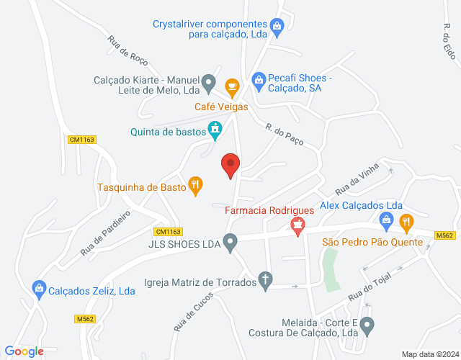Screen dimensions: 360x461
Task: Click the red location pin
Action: pyautogui.click(x=230, y=165)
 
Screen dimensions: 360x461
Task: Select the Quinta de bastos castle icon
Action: pyautogui.click(x=215, y=130)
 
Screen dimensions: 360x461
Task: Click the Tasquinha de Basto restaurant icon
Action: pyautogui.click(x=194, y=186)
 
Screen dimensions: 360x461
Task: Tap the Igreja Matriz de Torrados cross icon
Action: pyautogui.click(x=266, y=281)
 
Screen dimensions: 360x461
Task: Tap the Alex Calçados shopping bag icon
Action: pyautogui.click(x=385, y=222)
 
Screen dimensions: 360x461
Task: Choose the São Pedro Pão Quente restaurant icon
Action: pyautogui.click(x=406, y=222)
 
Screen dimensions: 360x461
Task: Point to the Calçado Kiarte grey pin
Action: pyautogui.click(x=209, y=82)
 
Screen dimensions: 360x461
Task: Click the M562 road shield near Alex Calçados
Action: pyautogui.click(x=445, y=235)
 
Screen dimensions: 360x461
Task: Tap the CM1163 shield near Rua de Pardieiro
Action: pyautogui.click(x=169, y=231)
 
